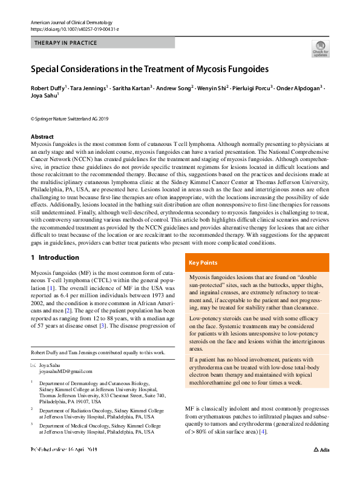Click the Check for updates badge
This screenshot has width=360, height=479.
pyautogui.click(x=320, y=48)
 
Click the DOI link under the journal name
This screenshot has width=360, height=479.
pyautogui.click(x=70, y=29)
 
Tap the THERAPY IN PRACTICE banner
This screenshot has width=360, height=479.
pyautogui.click(x=102, y=43)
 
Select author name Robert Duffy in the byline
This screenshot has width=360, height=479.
pyautogui.click(x=50, y=88)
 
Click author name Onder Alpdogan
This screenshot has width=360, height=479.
pyautogui.click(x=301, y=88)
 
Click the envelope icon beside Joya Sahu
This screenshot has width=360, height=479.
pyautogui.click(x=33, y=365)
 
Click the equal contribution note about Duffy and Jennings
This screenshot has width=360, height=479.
pyautogui.click(x=97, y=352)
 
